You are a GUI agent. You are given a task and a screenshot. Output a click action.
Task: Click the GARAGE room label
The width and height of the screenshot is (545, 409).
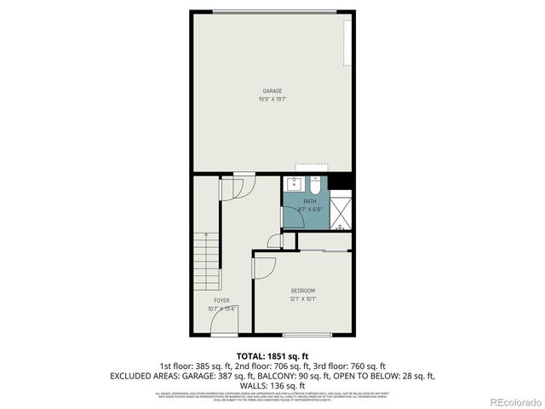click(x=272, y=91)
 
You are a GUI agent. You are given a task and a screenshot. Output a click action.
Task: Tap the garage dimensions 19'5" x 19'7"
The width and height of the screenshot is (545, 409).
click(x=272, y=100)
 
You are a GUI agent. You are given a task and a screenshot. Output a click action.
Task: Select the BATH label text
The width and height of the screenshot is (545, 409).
click(x=309, y=201)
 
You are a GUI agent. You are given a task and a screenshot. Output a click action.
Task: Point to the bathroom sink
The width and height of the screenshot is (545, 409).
click(x=295, y=184)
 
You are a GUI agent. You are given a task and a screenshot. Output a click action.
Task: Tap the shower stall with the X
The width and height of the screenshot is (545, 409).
click(x=341, y=211)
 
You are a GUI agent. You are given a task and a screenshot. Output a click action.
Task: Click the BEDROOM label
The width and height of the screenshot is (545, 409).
click(x=303, y=291)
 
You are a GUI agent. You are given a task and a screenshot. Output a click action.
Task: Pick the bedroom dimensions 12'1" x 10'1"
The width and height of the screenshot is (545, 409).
click(x=303, y=299)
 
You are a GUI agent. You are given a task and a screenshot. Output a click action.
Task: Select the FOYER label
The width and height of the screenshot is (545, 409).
click(x=221, y=300)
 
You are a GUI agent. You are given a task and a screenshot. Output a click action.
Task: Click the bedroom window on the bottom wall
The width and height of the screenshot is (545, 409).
click(x=307, y=334)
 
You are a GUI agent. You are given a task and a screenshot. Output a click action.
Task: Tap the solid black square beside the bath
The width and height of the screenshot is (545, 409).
click(x=341, y=182)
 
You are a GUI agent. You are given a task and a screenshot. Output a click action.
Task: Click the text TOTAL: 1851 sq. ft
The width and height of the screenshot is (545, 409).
click(x=272, y=355)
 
